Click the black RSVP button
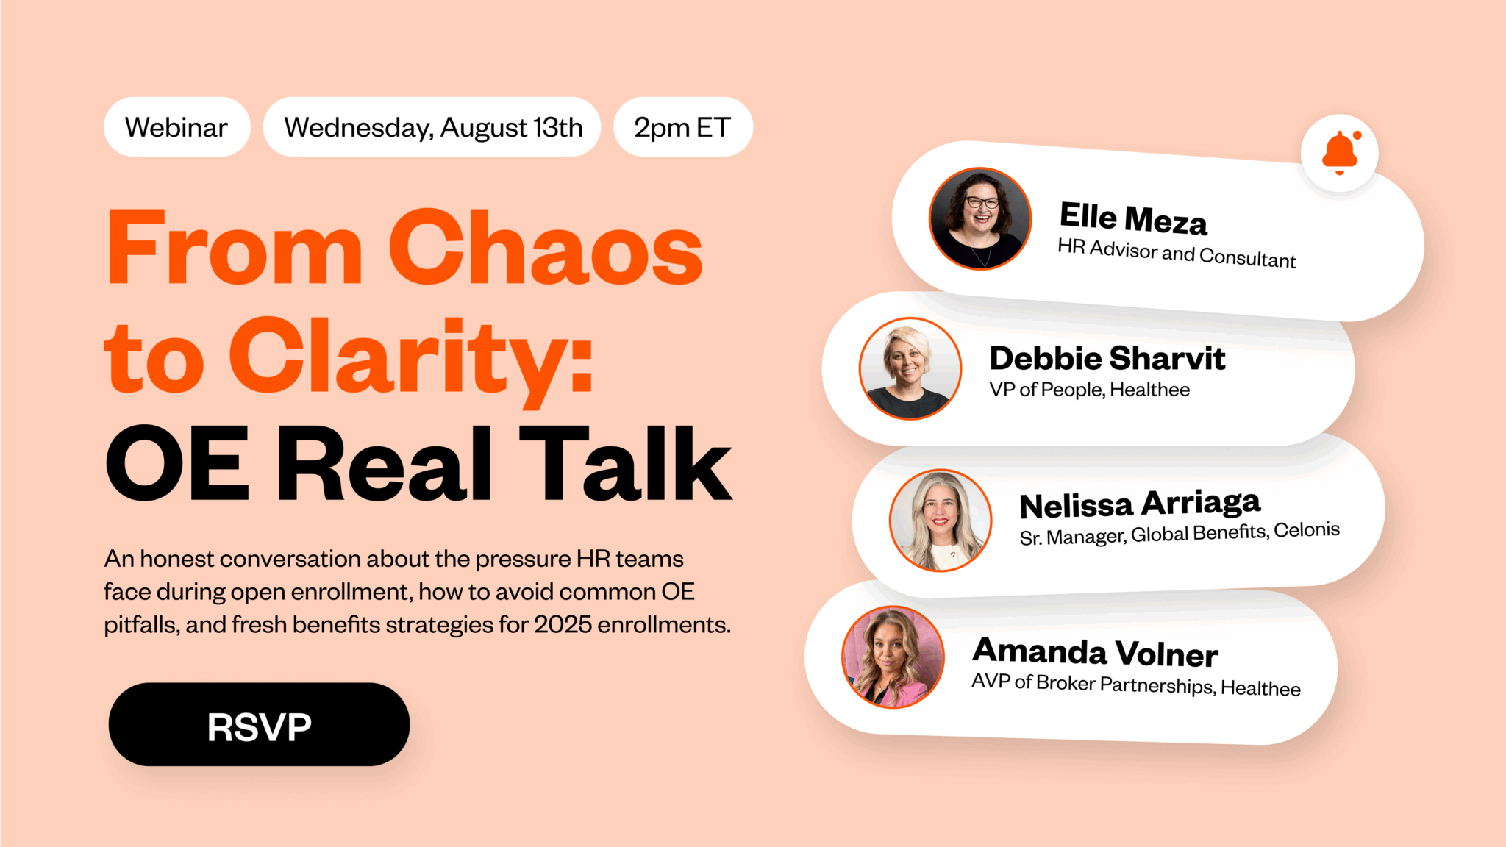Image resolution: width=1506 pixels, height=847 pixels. point(259,724)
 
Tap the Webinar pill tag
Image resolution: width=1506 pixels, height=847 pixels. point(176,126)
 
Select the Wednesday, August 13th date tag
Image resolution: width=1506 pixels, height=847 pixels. point(432,126)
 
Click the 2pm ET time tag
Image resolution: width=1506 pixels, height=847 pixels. point(682,126)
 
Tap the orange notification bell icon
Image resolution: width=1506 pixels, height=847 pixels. point(1340,153)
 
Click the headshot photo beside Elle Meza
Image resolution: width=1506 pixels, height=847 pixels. point(980,218)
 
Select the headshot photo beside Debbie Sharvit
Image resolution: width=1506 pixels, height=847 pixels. point(910,368)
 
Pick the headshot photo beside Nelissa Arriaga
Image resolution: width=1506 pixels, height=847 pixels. point(941,521)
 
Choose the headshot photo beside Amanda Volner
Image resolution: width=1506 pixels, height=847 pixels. point(893,657)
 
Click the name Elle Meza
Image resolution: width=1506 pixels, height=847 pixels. point(1133,218)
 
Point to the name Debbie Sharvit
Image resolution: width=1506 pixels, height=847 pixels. point(1107,359)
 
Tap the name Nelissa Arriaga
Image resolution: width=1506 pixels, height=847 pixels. point(1140,504)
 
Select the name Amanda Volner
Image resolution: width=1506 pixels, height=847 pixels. point(1095,652)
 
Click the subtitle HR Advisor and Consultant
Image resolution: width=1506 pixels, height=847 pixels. point(1177,253)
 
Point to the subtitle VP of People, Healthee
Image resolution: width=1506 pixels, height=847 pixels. point(1090,390)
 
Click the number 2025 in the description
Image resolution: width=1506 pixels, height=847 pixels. point(563,624)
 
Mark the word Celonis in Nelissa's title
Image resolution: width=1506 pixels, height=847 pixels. point(1307,529)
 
